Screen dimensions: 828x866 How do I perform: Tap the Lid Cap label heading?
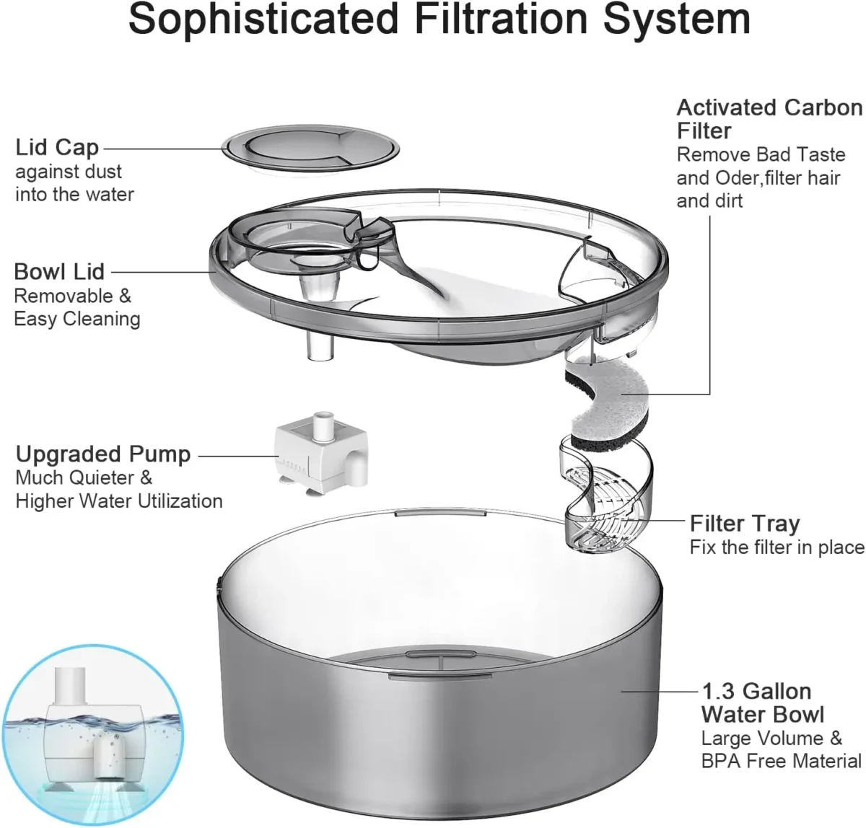tap(57, 147)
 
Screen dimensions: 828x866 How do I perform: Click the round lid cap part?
tap(310, 149)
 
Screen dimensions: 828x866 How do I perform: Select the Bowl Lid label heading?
tap(59, 272)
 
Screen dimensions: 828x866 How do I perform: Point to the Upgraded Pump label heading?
tap(103, 454)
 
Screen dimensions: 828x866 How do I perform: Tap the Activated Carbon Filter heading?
tap(769, 119)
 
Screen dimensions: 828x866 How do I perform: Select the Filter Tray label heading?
tap(745, 523)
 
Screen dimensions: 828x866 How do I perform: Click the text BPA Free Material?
tap(781, 761)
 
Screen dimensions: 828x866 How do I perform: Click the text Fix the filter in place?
tap(777, 547)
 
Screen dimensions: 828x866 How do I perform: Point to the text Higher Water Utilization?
tap(119, 501)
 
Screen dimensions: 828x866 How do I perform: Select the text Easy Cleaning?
tap(77, 319)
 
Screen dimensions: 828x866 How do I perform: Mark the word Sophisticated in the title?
tap(263, 19)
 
